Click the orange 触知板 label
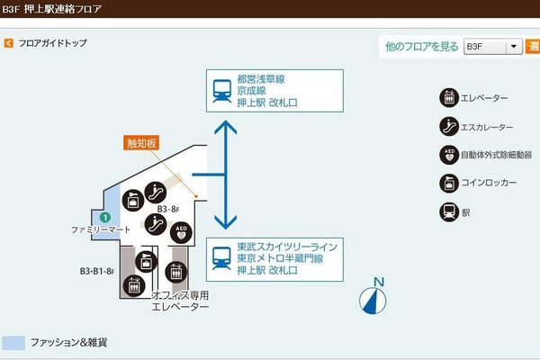click(141, 143)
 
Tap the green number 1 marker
click(105, 217)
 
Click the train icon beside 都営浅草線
click(220, 90)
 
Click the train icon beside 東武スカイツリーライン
click(220, 258)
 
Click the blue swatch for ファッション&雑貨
click(13, 344)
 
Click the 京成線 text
click(255, 91)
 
